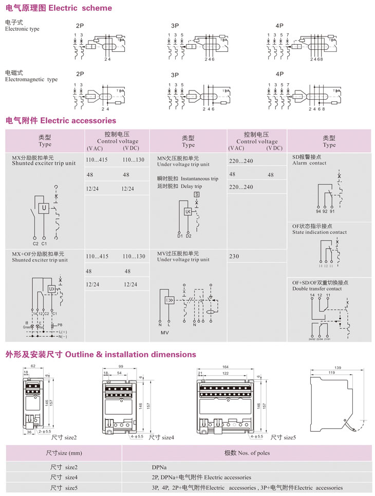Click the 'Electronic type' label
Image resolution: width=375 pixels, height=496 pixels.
22,29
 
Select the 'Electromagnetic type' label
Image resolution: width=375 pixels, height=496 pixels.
31,80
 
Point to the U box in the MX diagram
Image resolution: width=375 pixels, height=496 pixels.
45,208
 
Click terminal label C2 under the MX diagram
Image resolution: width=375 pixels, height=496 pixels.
35,244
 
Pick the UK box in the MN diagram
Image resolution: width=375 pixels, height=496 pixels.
188,212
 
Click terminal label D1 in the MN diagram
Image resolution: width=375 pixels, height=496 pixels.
180,235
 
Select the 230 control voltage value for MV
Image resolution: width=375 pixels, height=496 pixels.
234,256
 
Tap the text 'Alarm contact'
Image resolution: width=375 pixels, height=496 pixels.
309,163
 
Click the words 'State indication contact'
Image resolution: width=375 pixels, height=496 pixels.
319,232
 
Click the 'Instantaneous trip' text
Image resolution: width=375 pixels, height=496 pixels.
199,179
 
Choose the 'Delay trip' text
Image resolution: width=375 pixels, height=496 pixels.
191,186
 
